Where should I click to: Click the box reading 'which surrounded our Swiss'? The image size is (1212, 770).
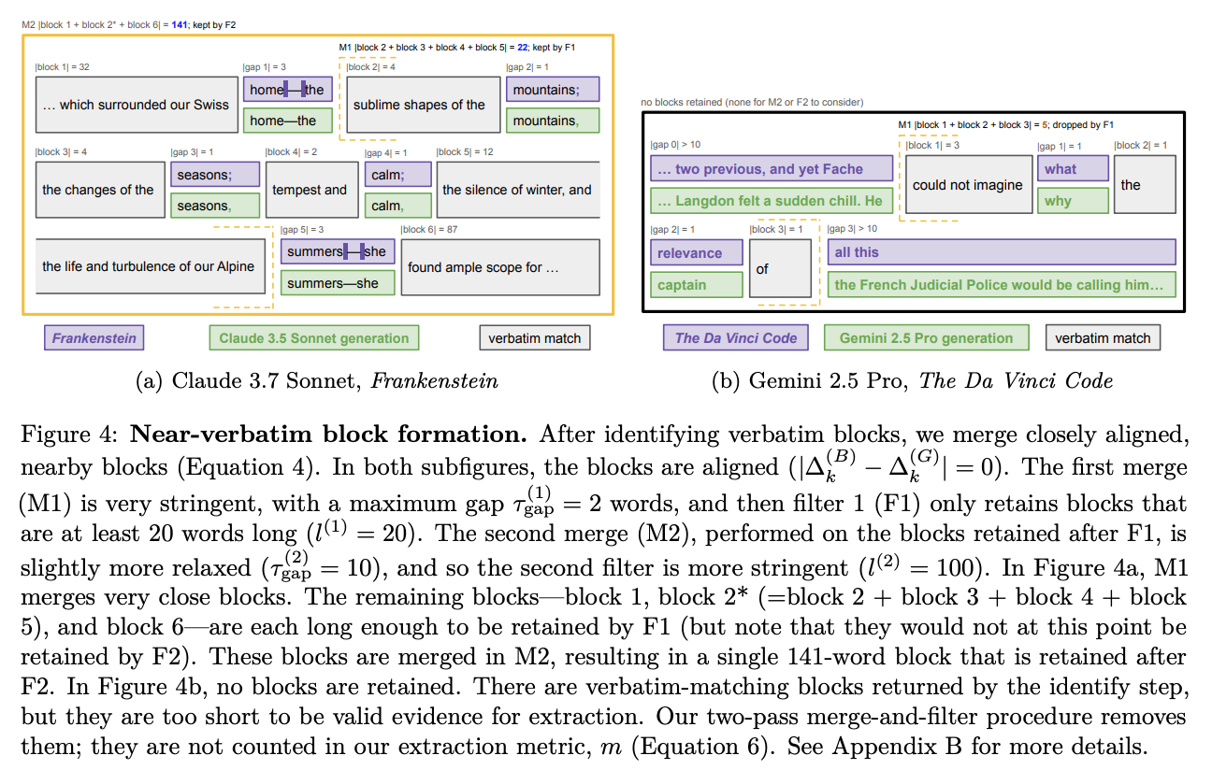[136, 106]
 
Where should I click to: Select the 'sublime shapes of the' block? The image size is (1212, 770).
[419, 106]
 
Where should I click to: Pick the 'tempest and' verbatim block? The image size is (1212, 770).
[310, 190]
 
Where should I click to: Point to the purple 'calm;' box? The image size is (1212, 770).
[398, 175]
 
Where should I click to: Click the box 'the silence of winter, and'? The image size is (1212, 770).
[517, 190]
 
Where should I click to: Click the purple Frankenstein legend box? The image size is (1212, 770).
[94, 338]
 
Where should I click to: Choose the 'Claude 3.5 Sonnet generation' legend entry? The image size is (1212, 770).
[314, 338]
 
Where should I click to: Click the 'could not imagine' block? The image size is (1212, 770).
[967, 185]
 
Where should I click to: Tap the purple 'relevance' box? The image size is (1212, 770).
[697, 253]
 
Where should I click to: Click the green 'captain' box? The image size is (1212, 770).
[697, 285]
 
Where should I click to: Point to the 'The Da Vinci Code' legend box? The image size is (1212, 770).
[736, 338]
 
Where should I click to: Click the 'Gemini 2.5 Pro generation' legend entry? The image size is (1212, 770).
[926, 338]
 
